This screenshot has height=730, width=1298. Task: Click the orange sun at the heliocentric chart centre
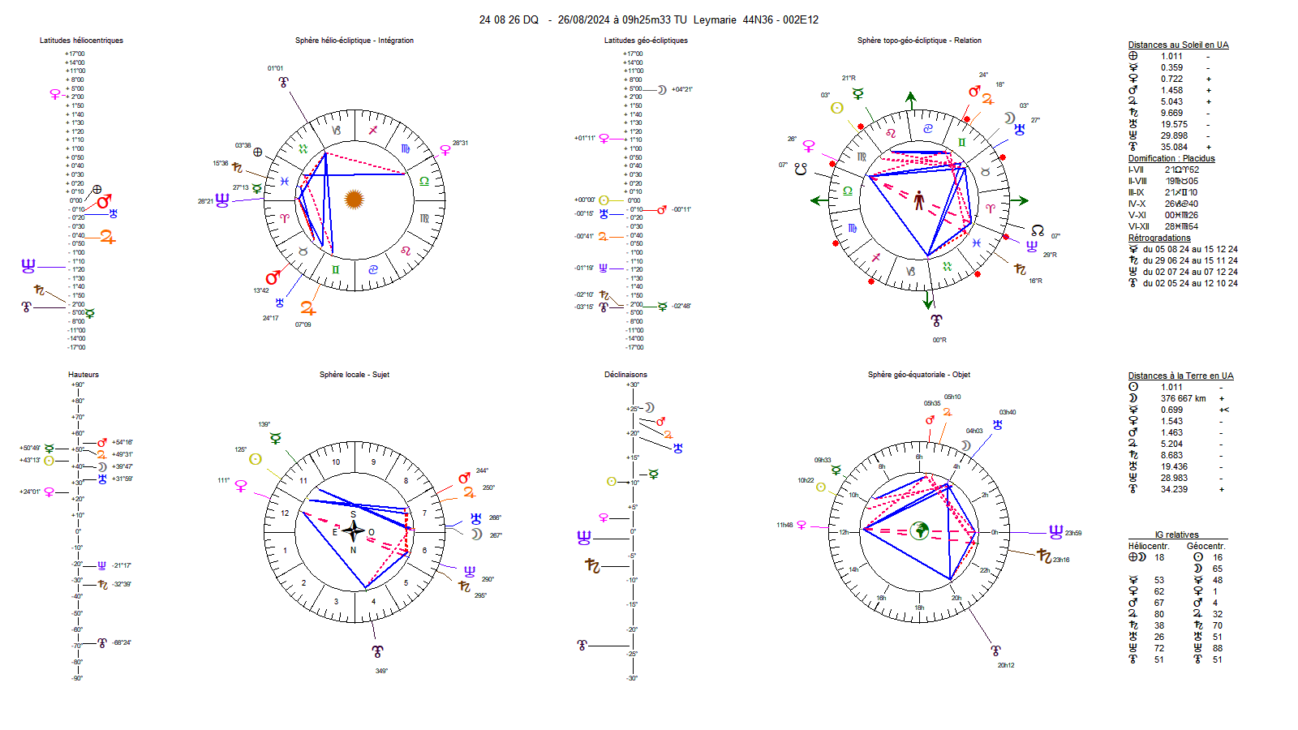coord(354,199)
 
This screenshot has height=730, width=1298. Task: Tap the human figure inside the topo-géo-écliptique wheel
coord(918,200)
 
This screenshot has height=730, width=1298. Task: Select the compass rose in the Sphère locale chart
coord(353,531)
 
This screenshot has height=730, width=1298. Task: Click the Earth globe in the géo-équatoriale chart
coord(919,530)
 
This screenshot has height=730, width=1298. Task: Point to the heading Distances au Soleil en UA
coord(1178,45)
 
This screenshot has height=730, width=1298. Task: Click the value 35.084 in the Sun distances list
coord(1173,148)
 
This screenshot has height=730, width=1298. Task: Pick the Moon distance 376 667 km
coord(1183,398)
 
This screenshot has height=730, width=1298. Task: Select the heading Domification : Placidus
coord(1171,159)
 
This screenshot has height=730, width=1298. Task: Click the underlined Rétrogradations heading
coord(1159,238)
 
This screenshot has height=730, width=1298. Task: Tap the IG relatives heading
coord(1176,535)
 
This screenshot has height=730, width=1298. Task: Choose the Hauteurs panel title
coord(84,375)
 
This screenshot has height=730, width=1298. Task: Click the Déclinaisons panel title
coord(625,375)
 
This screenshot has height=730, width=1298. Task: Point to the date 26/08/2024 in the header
coord(583,20)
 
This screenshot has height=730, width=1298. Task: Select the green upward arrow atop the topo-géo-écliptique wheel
coord(911,100)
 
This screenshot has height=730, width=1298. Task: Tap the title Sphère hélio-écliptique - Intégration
coord(354,41)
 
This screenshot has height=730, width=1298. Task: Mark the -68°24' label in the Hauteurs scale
coord(122,643)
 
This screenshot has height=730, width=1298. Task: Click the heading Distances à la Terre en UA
coord(1180,376)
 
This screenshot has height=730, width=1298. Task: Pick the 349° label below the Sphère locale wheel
coord(381,672)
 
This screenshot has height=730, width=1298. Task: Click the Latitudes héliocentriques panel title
coord(81,41)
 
